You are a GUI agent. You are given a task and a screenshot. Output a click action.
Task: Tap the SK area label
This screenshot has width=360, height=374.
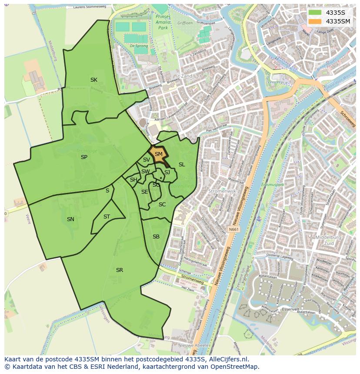(x=93, y=80)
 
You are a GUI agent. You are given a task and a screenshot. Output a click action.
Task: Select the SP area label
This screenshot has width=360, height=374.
(x=84, y=157)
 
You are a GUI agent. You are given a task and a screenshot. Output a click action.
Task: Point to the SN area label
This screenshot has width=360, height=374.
(x=70, y=219)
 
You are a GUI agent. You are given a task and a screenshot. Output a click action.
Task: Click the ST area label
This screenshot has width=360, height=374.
(x=107, y=217)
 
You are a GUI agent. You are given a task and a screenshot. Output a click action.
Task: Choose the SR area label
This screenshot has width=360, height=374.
(x=120, y=270)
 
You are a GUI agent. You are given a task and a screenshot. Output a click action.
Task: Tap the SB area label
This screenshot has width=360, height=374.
(x=156, y=237)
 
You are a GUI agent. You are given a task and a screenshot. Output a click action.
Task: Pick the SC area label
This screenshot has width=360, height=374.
(x=162, y=205)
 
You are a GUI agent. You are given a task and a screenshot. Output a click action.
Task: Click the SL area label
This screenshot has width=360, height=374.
(x=182, y=165)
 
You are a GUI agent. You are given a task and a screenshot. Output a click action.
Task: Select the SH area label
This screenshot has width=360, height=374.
(x=133, y=180)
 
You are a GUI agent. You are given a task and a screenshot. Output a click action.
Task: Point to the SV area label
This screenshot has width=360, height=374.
(x=146, y=160)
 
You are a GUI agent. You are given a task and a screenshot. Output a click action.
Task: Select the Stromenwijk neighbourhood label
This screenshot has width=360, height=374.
(x=222, y=191)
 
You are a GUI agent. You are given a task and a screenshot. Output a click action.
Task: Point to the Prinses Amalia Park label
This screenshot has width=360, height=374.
(x=163, y=21)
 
